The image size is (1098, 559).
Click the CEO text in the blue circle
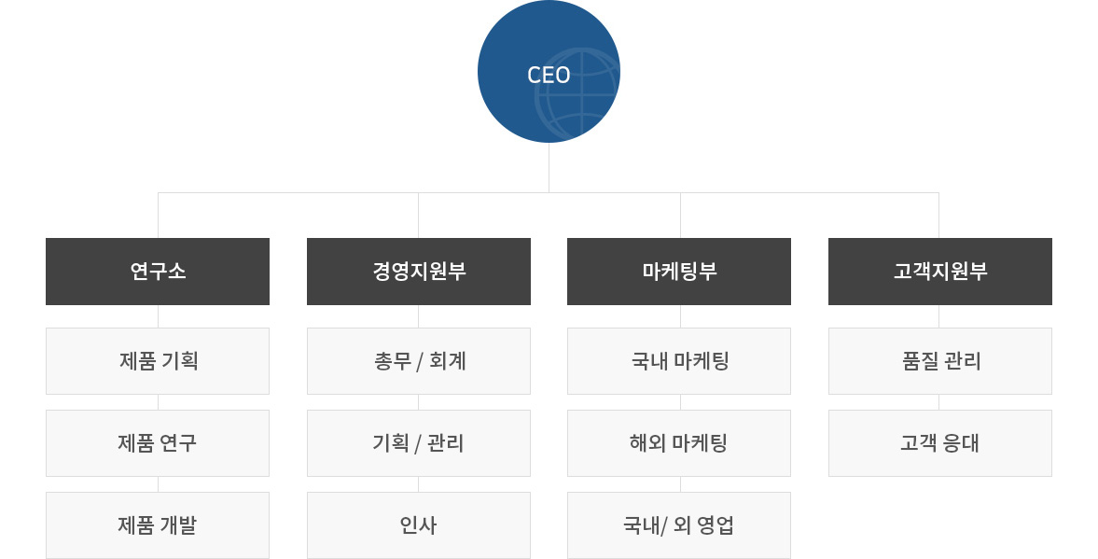pyautogui.click(x=549, y=75)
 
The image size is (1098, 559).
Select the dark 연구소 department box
pyautogui.click(x=158, y=271)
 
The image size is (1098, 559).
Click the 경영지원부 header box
pyautogui.click(x=419, y=271)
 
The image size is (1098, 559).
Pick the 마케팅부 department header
pyautogui.click(x=679, y=271)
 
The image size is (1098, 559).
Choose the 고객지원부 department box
pyautogui.click(x=939, y=271)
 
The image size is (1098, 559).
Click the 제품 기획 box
pyautogui.click(x=158, y=361)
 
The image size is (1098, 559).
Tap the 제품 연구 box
pyautogui.click(x=158, y=442)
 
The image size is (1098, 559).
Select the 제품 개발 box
pyautogui.click(x=158, y=524)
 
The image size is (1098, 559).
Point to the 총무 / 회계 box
pyautogui.click(x=419, y=361)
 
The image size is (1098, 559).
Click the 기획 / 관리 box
pyautogui.click(x=419, y=442)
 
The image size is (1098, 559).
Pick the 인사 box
pyautogui.click(x=419, y=524)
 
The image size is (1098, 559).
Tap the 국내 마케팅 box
pyautogui.click(x=679, y=361)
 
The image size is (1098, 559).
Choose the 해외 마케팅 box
pyautogui.click(x=679, y=442)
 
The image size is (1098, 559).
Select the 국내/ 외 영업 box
pyautogui.click(x=679, y=524)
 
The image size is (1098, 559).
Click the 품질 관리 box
pyautogui.click(x=939, y=361)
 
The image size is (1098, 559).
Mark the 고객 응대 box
pyautogui.click(x=939, y=442)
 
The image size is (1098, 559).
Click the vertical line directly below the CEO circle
pyautogui.click(x=549, y=167)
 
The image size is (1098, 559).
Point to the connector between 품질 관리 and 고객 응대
pyautogui.click(x=939, y=402)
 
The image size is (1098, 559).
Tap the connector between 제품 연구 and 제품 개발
pyautogui.click(x=159, y=484)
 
